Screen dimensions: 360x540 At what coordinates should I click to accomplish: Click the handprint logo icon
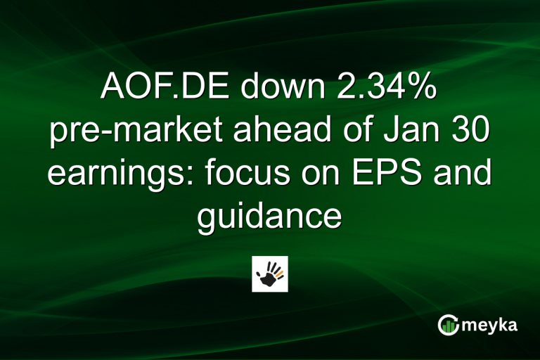pyautogui.click(x=270, y=274)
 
